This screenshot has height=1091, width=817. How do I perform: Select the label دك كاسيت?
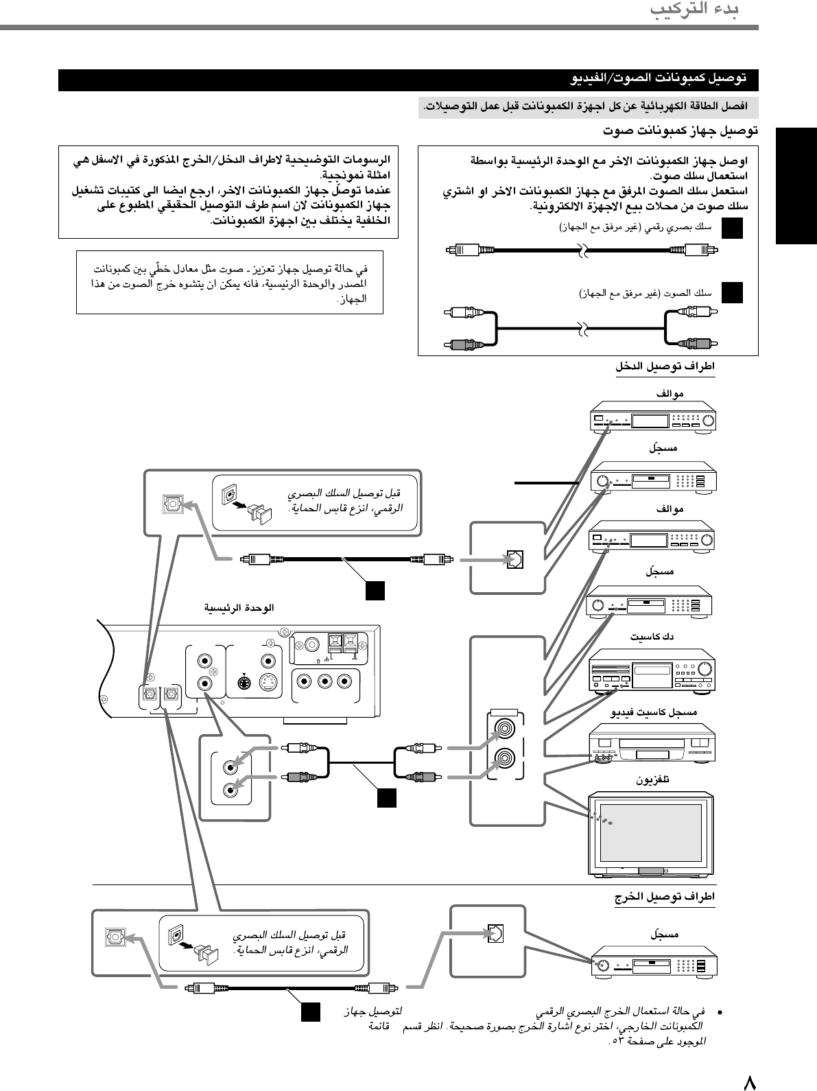tap(652, 637)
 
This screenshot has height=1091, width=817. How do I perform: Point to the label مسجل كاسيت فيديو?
tap(654, 712)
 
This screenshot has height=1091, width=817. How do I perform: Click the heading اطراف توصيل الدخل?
tap(665, 367)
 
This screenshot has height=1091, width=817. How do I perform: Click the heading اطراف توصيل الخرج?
tap(665, 897)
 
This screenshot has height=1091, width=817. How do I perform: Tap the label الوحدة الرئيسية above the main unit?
tap(239, 608)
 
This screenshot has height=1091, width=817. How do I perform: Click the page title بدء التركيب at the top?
tap(694, 11)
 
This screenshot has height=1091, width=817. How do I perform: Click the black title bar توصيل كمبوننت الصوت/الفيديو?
tap(408, 80)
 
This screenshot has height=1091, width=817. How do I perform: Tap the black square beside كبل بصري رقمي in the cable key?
tap(733, 227)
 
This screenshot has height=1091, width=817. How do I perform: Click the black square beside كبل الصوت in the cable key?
tap(733, 292)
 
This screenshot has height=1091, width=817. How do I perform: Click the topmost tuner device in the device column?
tap(652, 421)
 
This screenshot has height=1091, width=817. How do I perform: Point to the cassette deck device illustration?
tap(652, 670)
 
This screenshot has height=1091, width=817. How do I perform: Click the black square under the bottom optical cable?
tap(310, 1012)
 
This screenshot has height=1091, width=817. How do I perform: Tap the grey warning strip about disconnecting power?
tap(583, 107)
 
